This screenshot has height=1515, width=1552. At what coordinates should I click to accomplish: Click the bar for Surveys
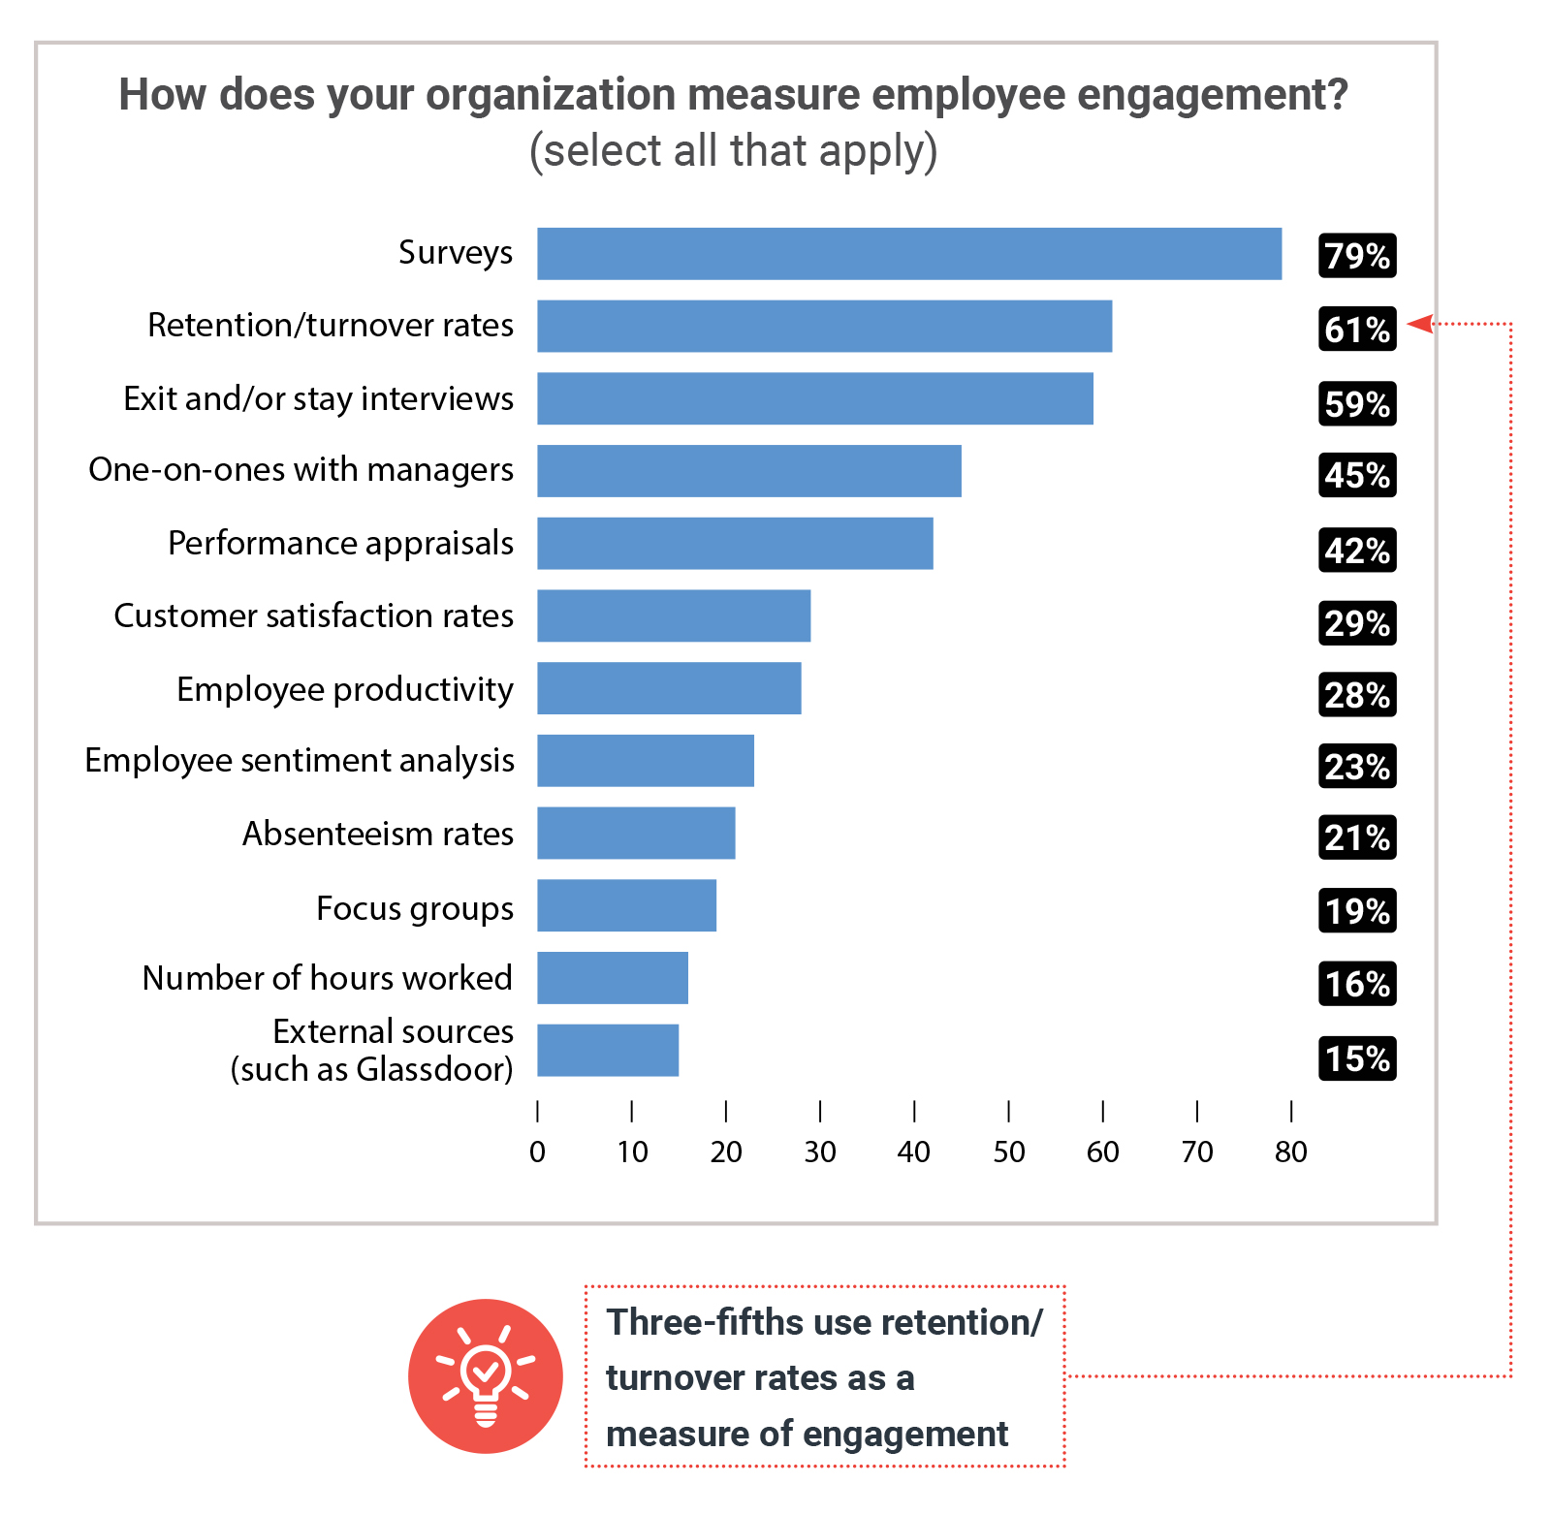909,254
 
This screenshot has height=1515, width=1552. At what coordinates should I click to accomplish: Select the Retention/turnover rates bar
824,326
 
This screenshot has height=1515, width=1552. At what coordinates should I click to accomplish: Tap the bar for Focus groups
626,905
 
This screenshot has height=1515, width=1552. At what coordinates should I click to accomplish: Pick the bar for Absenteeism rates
636,833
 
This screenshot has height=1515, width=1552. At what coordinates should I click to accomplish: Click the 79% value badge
1357,256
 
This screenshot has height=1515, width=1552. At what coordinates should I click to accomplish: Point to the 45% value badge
1357,475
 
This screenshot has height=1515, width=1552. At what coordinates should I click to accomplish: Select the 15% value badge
1357,1057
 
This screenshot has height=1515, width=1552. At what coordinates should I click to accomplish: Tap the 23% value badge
1357,767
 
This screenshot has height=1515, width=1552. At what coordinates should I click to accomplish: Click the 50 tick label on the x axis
1008,1152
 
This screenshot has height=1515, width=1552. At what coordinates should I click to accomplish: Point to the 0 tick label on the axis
537,1152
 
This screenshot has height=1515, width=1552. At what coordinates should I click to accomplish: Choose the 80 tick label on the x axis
1291,1152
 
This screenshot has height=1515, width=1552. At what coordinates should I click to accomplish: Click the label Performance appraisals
340,544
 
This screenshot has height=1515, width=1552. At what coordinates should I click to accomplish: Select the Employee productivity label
344,689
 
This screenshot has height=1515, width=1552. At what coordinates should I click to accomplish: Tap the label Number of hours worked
327,978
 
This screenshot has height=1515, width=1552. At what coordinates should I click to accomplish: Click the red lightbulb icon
485,1375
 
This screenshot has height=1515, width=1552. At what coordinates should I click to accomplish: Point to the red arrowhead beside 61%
1420,324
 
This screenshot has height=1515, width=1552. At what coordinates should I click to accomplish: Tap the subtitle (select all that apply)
733,151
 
